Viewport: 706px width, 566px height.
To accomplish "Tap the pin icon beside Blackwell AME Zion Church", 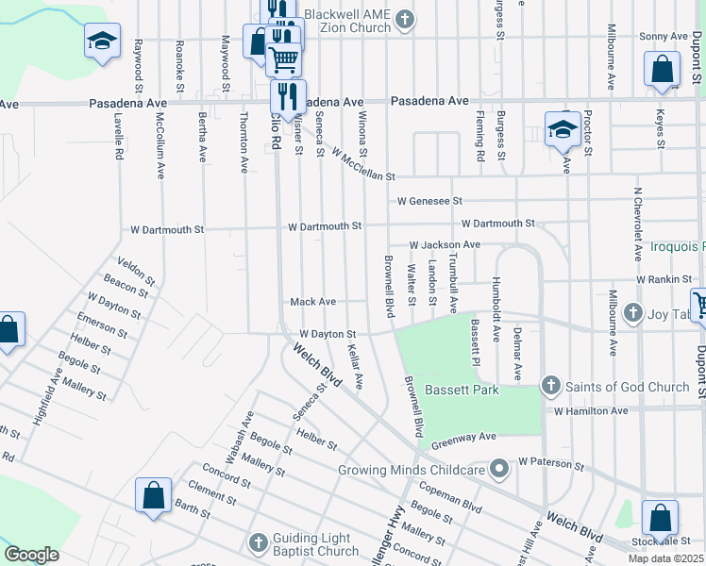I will [x=405, y=20].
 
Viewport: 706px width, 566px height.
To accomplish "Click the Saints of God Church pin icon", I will [x=552, y=386].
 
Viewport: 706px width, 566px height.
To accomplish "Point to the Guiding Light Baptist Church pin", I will [x=258, y=542].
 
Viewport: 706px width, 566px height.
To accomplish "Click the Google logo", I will [x=31, y=554].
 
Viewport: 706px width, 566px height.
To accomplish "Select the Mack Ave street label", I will [x=312, y=302].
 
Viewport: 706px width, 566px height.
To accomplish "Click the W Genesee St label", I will [x=429, y=201].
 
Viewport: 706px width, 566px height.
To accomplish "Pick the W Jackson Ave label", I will [x=445, y=245].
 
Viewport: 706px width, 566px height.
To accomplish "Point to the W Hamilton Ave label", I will [x=591, y=411].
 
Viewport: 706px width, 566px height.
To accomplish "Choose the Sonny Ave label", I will [x=664, y=36].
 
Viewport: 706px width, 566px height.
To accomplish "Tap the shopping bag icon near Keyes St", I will [x=663, y=69].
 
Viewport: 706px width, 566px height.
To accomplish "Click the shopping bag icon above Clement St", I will [x=153, y=495].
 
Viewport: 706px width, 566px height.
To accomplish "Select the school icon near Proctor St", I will [x=563, y=129].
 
